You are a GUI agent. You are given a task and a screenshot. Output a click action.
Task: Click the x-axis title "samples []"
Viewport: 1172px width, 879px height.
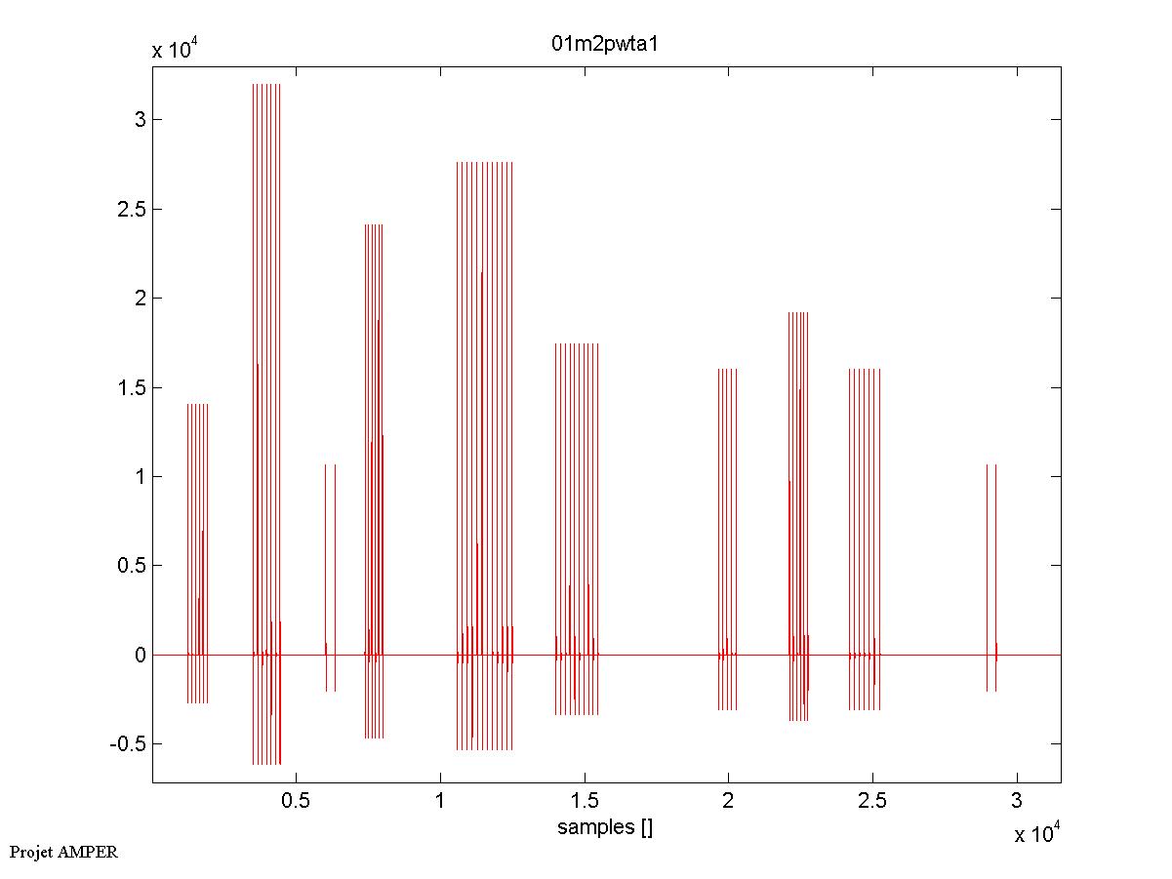[x=605, y=828]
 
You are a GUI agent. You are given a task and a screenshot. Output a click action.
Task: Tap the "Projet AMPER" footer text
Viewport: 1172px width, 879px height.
[x=63, y=852]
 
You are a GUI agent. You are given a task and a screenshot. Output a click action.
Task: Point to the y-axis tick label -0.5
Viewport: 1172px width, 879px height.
[x=127, y=744]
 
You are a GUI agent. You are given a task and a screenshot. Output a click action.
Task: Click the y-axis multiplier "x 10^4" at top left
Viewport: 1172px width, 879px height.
[x=176, y=50]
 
